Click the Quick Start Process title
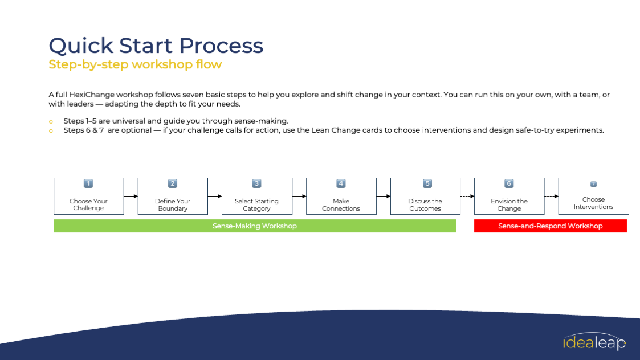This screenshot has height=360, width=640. [x=156, y=46]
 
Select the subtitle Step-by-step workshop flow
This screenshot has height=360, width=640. [x=135, y=64]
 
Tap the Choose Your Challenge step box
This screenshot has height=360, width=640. [x=88, y=197]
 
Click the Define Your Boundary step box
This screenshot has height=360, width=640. [x=173, y=197]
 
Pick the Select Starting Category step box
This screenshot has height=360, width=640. [x=256, y=197]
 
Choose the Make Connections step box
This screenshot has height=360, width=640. [x=341, y=197]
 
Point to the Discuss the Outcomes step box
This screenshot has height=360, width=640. [x=425, y=197]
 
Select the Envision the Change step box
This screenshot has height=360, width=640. [x=509, y=197]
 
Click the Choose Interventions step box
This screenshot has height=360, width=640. [x=593, y=197]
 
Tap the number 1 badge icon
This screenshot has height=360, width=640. [x=88, y=183]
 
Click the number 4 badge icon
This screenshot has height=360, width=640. [x=341, y=183]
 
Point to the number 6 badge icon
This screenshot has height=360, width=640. [x=509, y=183]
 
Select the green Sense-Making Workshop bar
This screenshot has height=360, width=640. [x=255, y=226]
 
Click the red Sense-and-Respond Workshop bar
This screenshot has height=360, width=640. [x=550, y=226]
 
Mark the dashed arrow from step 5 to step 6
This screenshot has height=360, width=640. [x=467, y=197]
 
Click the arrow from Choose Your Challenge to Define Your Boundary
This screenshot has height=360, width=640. [x=131, y=197]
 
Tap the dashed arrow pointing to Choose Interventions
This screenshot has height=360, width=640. [x=551, y=197]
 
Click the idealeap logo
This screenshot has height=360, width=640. [x=594, y=342]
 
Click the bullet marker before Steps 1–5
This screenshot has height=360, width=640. [x=51, y=121]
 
